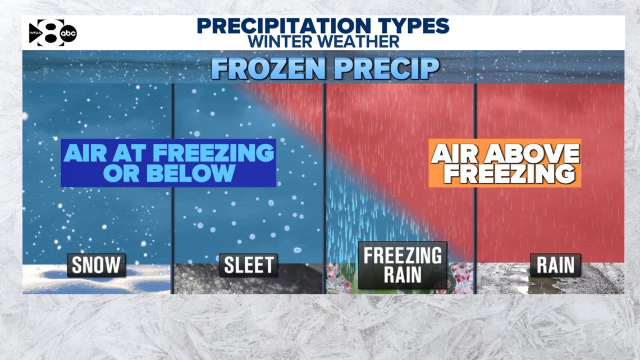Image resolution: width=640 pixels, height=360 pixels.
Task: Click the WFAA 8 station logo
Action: [52, 33]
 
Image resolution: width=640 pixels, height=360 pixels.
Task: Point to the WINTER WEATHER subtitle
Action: [324, 41]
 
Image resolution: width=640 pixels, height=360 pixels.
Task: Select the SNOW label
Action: [96, 265]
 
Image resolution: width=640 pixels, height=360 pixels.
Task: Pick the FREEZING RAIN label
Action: [403, 265]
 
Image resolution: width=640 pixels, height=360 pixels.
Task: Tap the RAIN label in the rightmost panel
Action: [555, 265]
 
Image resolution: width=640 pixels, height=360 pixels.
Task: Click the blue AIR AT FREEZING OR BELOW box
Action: [168, 163]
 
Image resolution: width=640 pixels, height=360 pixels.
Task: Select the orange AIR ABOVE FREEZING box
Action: [504, 163]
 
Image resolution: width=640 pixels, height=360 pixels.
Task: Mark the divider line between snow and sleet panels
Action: [172, 185]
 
